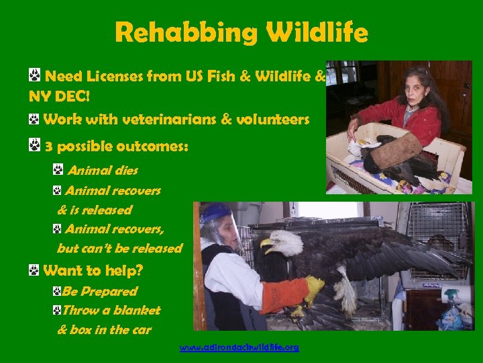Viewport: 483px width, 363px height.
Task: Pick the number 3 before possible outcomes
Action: (48, 146)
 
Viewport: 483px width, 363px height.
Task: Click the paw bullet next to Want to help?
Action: (34, 270)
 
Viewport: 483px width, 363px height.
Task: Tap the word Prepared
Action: (109, 291)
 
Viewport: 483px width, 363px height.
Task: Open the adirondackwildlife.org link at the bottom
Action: (239, 348)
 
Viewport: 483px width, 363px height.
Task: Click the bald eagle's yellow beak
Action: (267, 243)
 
